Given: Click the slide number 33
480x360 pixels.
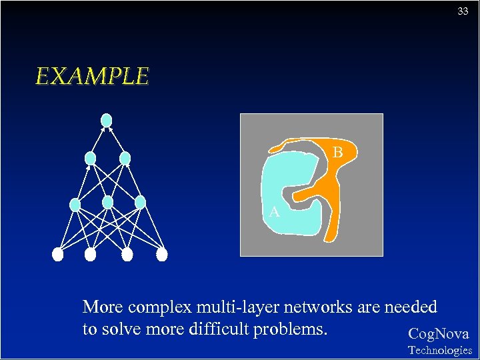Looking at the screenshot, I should click(x=463, y=11).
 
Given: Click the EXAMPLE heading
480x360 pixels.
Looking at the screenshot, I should click(x=92, y=77).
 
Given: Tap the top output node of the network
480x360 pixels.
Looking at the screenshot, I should click(x=106, y=121).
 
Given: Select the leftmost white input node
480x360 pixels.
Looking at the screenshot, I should click(x=58, y=254).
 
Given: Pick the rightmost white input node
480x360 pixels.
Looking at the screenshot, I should click(x=162, y=254).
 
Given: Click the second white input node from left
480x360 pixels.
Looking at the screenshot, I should click(x=91, y=254).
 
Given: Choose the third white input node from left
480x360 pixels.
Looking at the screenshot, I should click(x=128, y=254).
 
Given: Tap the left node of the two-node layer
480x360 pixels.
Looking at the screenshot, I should click(x=90, y=158).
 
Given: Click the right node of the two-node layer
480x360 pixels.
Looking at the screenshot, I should click(x=125, y=158).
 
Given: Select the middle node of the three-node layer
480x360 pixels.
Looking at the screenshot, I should click(x=108, y=201).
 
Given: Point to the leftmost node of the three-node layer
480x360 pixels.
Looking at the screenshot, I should click(x=75, y=204).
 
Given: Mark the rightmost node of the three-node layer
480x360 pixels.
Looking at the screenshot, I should click(x=140, y=201).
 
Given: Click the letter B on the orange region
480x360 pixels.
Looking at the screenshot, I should click(x=338, y=153).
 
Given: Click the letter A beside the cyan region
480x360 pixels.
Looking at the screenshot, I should click(x=274, y=213).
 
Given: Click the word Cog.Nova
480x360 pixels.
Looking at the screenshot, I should click(x=438, y=334).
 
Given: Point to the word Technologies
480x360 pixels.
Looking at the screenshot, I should click(x=440, y=350).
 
